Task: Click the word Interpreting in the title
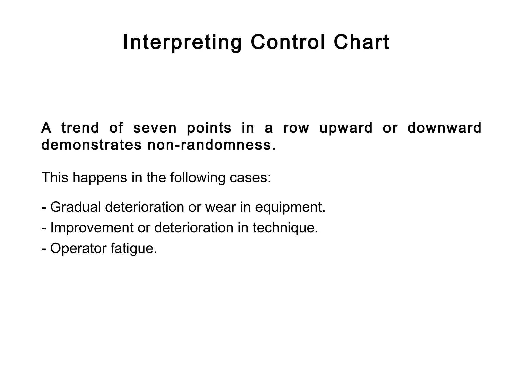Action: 182,43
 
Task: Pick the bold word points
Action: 209,128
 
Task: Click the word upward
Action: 346,128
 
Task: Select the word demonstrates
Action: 91,145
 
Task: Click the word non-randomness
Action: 211,145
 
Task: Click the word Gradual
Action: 76,207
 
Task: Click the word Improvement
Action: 92,228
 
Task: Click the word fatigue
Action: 134,249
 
